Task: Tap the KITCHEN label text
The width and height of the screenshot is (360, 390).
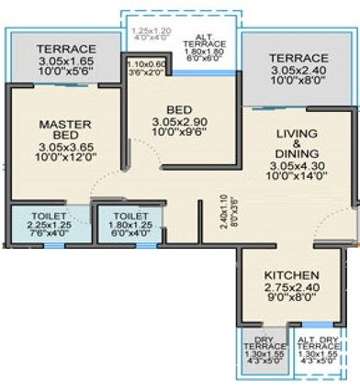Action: [x=291, y=275]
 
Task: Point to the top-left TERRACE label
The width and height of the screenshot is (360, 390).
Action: [x=65, y=49]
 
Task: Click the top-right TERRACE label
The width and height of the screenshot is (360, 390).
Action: [x=298, y=58]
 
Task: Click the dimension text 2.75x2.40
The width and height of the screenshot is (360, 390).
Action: [x=291, y=288]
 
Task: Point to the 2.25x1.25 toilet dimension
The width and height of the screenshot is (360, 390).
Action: [x=50, y=223]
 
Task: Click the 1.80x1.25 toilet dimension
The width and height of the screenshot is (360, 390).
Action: [x=129, y=223]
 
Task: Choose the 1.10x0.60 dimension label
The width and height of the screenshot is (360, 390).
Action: [x=146, y=64]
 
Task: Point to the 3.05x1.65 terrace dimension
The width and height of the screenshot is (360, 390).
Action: [x=65, y=61]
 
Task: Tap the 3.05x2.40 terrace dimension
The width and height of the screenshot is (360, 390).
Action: [x=298, y=70]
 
